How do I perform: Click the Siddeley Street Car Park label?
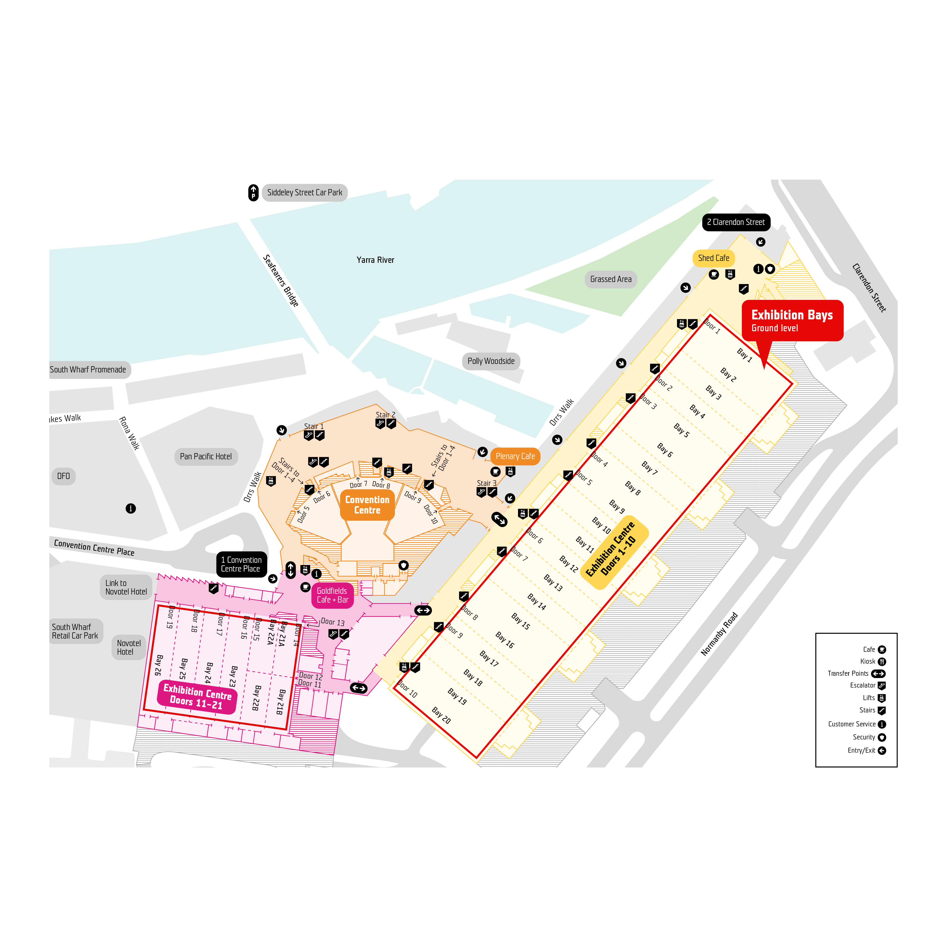pos(304,193)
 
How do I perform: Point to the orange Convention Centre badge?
pos(367,505)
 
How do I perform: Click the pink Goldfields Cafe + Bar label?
pos(332,595)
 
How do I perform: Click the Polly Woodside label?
pos(491,361)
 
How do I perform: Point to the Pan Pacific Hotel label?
pos(206,456)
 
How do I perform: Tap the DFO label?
pos(63,476)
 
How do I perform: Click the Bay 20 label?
pos(441,715)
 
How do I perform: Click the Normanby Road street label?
pos(719,634)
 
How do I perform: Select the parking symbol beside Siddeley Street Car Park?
pos(253,193)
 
